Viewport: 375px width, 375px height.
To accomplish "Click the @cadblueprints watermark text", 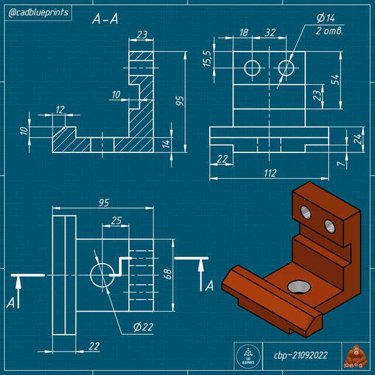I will point(37,12).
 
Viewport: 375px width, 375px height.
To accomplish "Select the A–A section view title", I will point(105,19).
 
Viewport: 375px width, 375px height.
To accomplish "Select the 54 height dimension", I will point(335,80).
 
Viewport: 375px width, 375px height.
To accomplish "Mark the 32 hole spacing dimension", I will point(270,33).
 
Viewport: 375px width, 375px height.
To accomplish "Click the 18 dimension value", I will point(244,33).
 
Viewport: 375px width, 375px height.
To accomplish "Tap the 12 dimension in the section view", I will point(60,110).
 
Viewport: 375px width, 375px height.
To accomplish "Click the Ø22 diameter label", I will point(143,326).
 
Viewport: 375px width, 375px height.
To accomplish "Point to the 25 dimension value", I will point(116,220).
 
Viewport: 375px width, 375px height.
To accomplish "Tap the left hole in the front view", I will point(253,67).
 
